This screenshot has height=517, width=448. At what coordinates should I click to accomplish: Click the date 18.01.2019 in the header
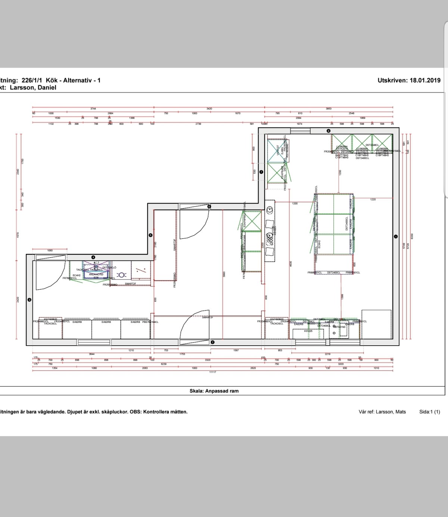425,80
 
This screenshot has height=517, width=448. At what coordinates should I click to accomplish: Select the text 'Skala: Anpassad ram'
214,391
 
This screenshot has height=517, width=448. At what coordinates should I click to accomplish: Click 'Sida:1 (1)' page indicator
429,412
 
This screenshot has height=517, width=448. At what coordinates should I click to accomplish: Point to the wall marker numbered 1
396,236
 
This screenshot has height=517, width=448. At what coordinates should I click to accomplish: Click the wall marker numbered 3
29,300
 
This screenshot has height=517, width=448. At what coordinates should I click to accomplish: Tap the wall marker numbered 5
150,235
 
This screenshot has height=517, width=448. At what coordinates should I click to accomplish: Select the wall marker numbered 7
261,172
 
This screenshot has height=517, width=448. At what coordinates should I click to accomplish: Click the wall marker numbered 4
93,257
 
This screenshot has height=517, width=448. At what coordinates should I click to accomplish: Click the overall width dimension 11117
212,372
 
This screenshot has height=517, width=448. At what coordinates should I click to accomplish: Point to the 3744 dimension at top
93,109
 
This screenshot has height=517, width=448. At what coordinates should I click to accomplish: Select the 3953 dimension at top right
329,109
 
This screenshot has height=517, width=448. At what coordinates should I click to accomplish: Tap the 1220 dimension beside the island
373,199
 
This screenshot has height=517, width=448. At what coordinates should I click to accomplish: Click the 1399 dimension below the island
342,297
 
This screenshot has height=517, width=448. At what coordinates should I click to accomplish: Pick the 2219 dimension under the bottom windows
327,354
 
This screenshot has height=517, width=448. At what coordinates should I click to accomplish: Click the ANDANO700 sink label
96,274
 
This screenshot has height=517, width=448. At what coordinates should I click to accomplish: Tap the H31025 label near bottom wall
308,331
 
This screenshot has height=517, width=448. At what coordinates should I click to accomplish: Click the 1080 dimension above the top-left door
50,250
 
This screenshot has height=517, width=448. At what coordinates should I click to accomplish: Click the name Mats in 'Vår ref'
401,412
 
